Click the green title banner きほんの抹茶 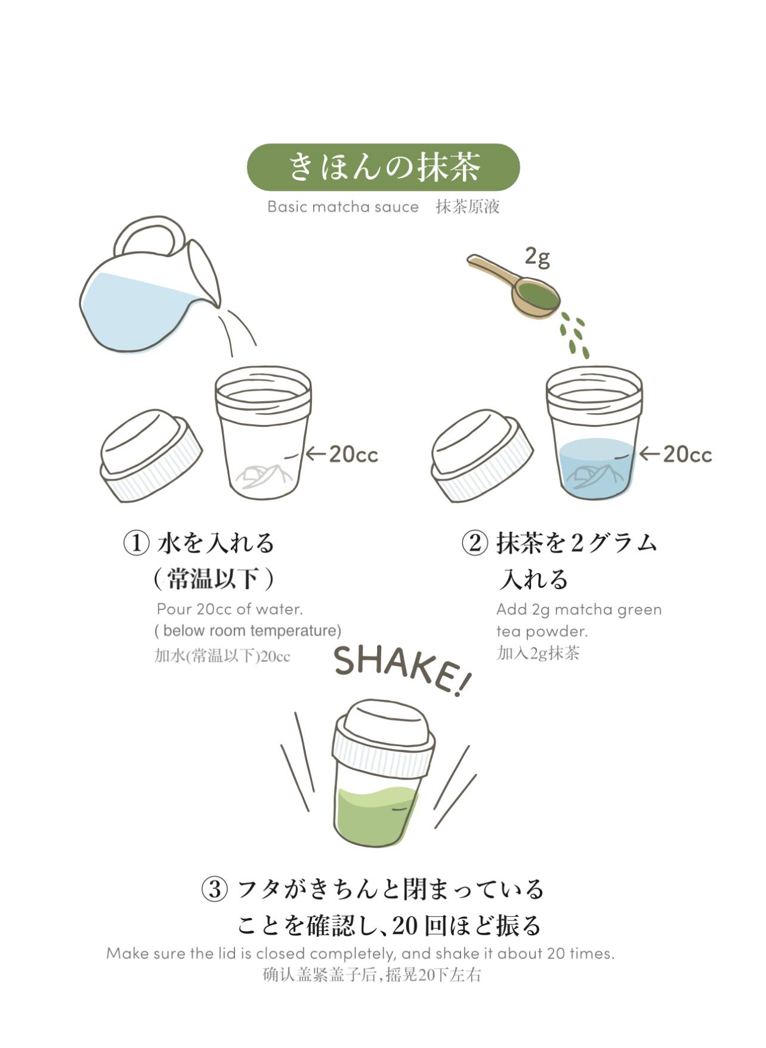tap(383, 167)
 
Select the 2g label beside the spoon tap(537, 257)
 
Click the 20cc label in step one tap(353, 454)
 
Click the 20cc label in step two tap(687, 454)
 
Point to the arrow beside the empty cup tap(316, 454)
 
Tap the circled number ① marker tap(136, 543)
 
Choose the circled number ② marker tap(475, 543)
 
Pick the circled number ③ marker tap(214, 889)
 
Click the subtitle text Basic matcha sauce tap(343, 206)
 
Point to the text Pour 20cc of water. tap(230, 609)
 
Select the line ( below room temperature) tap(248, 631)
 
